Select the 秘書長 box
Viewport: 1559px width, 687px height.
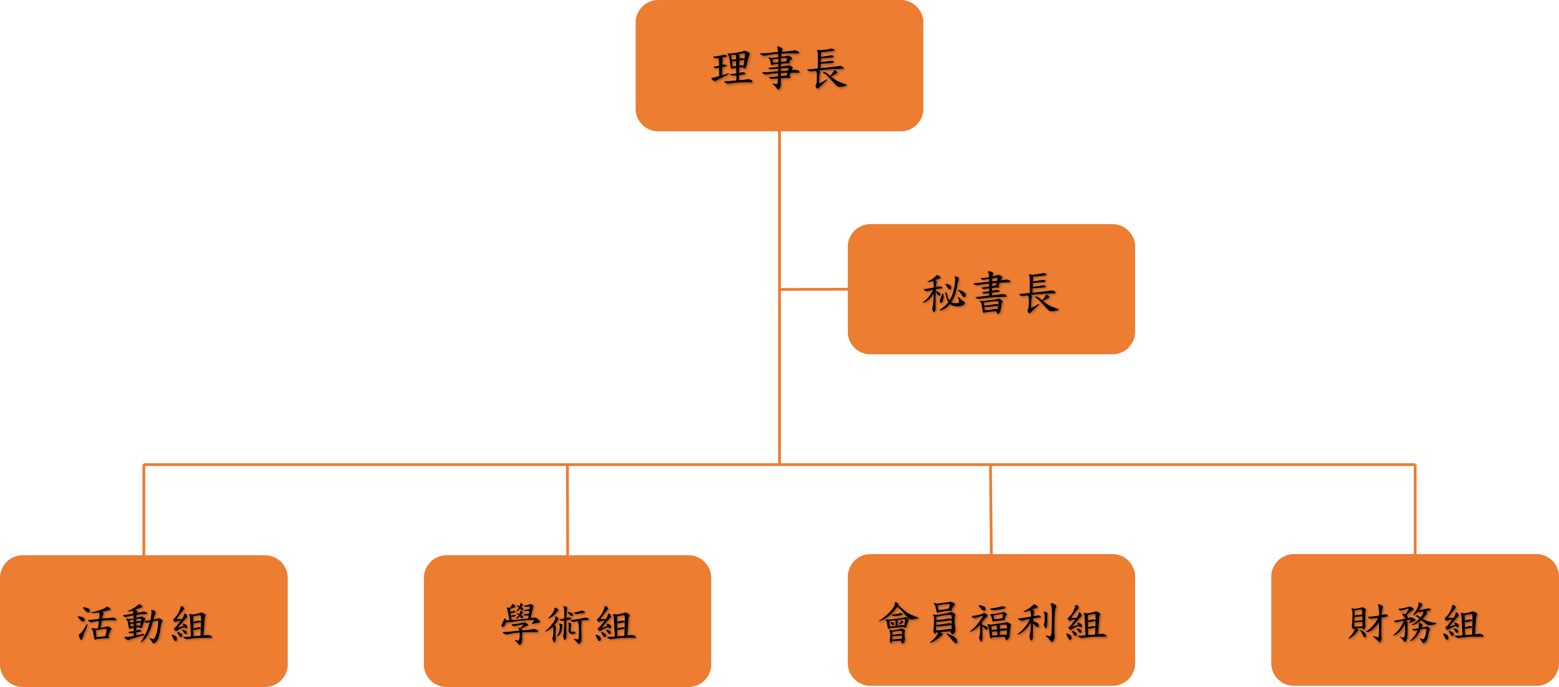(991, 289)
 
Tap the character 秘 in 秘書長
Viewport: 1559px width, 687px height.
(943, 293)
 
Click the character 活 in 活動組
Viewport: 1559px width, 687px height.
(97, 624)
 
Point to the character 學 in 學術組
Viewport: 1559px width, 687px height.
(520, 624)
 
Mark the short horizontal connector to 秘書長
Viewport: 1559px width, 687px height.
(814, 290)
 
